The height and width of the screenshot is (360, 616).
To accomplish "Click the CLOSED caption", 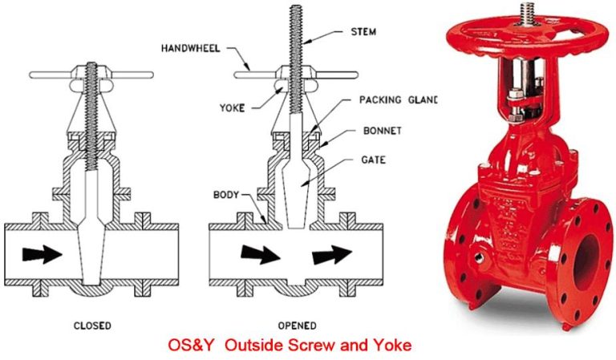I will click(x=91, y=326).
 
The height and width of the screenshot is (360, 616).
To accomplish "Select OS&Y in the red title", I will click(x=191, y=346).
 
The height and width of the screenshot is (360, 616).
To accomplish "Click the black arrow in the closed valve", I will click(x=42, y=255).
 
